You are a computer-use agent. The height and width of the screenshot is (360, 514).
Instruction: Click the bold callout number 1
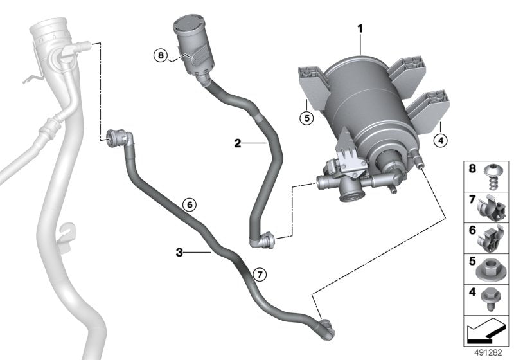coord(360,29)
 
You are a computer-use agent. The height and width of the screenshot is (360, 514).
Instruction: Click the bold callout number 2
coord(238,143)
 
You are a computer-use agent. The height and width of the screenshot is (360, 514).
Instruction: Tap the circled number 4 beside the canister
coord(439,139)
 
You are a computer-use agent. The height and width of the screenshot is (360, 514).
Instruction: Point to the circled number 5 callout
coord(307,118)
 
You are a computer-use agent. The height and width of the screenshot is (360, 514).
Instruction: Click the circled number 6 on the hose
coord(188,205)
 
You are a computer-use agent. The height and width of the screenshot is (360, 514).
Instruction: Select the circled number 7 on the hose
coord(258,274)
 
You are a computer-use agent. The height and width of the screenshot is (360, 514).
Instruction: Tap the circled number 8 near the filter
coord(161,56)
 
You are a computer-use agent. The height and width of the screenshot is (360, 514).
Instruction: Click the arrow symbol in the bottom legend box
coord(487,333)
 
